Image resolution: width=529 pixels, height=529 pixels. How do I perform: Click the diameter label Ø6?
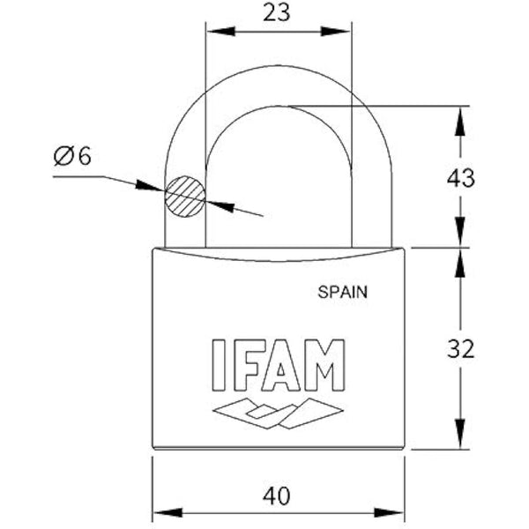[72, 156]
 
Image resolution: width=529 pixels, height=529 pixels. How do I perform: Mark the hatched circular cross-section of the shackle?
[184, 196]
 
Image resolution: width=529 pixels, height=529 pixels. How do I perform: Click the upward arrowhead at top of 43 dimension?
[458, 119]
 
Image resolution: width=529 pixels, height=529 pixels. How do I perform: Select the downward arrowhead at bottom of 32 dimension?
[458, 436]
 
